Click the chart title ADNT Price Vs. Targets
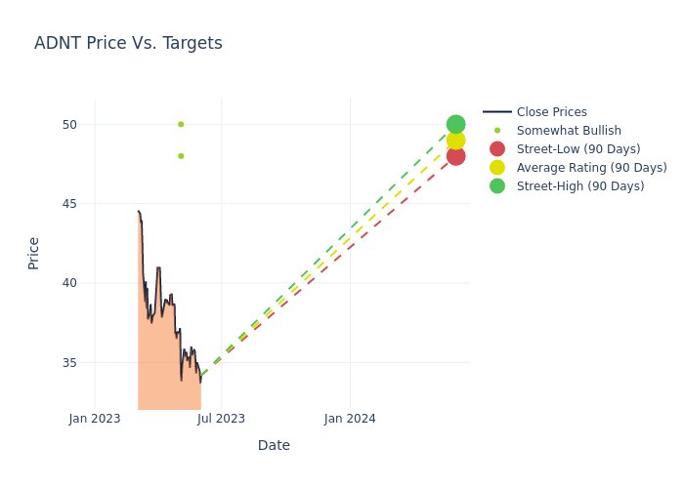point(128,43)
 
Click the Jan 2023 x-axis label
point(95,419)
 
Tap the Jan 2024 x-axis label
point(350,419)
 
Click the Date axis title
point(274,445)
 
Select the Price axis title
point(34,253)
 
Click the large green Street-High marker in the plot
point(455,124)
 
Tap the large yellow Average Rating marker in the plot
point(455,141)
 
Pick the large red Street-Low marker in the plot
point(455,156)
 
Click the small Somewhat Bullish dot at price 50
point(181,124)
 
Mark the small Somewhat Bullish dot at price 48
point(181,156)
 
